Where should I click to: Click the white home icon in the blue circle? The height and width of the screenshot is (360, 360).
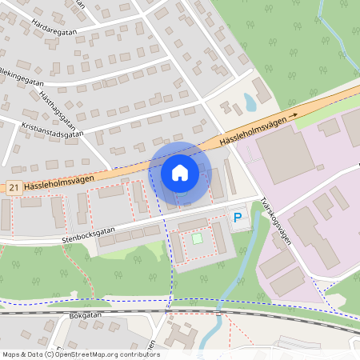tap(180, 172)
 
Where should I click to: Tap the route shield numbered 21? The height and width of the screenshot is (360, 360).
tap(13, 186)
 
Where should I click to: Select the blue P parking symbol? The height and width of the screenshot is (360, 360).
tap(238, 216)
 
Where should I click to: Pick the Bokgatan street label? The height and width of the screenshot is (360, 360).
tap(88, 316)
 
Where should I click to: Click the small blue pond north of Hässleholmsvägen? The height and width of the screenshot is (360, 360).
tap(250, 102)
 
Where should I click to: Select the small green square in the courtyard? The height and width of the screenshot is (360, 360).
tap(197, 238)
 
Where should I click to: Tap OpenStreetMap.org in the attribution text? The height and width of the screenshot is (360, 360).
tap(88, 354)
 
